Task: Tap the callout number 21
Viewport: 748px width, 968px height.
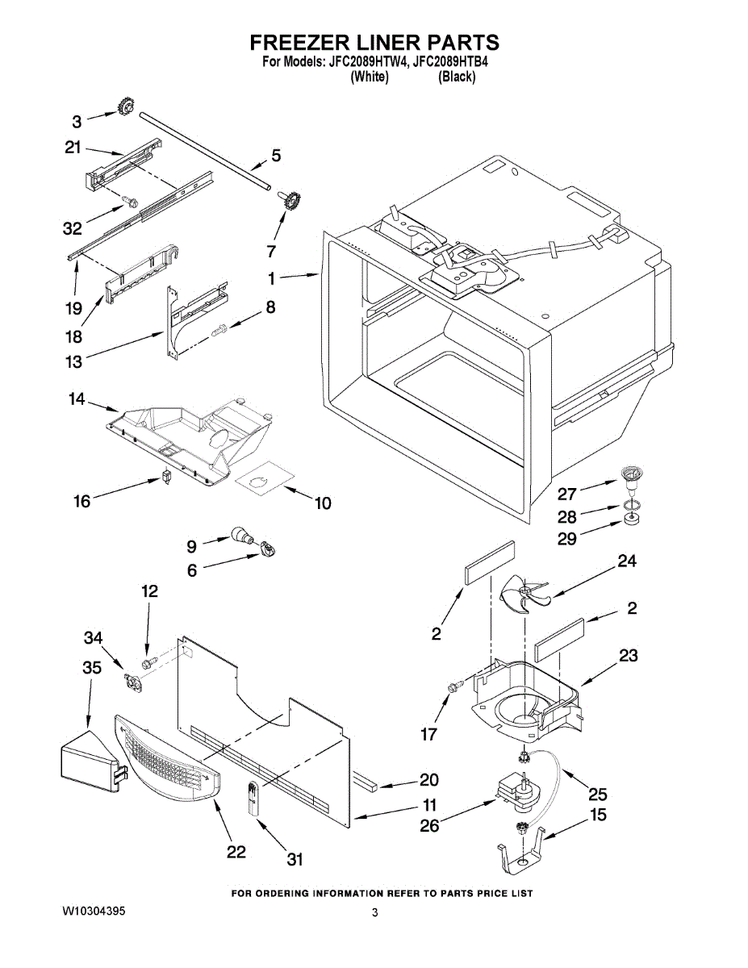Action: click(73, 148)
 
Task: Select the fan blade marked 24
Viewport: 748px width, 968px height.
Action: click(524, 595)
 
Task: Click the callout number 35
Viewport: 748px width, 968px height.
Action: click(93, 667)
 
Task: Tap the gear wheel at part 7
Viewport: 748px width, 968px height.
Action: click(290, 202)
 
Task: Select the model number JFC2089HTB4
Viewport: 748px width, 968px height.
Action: click(450, 62)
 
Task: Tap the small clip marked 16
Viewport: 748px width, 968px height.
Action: click(167, 476)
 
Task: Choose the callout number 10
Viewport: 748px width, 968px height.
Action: click(323, 503)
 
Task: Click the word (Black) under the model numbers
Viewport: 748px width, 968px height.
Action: click(457, 77)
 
